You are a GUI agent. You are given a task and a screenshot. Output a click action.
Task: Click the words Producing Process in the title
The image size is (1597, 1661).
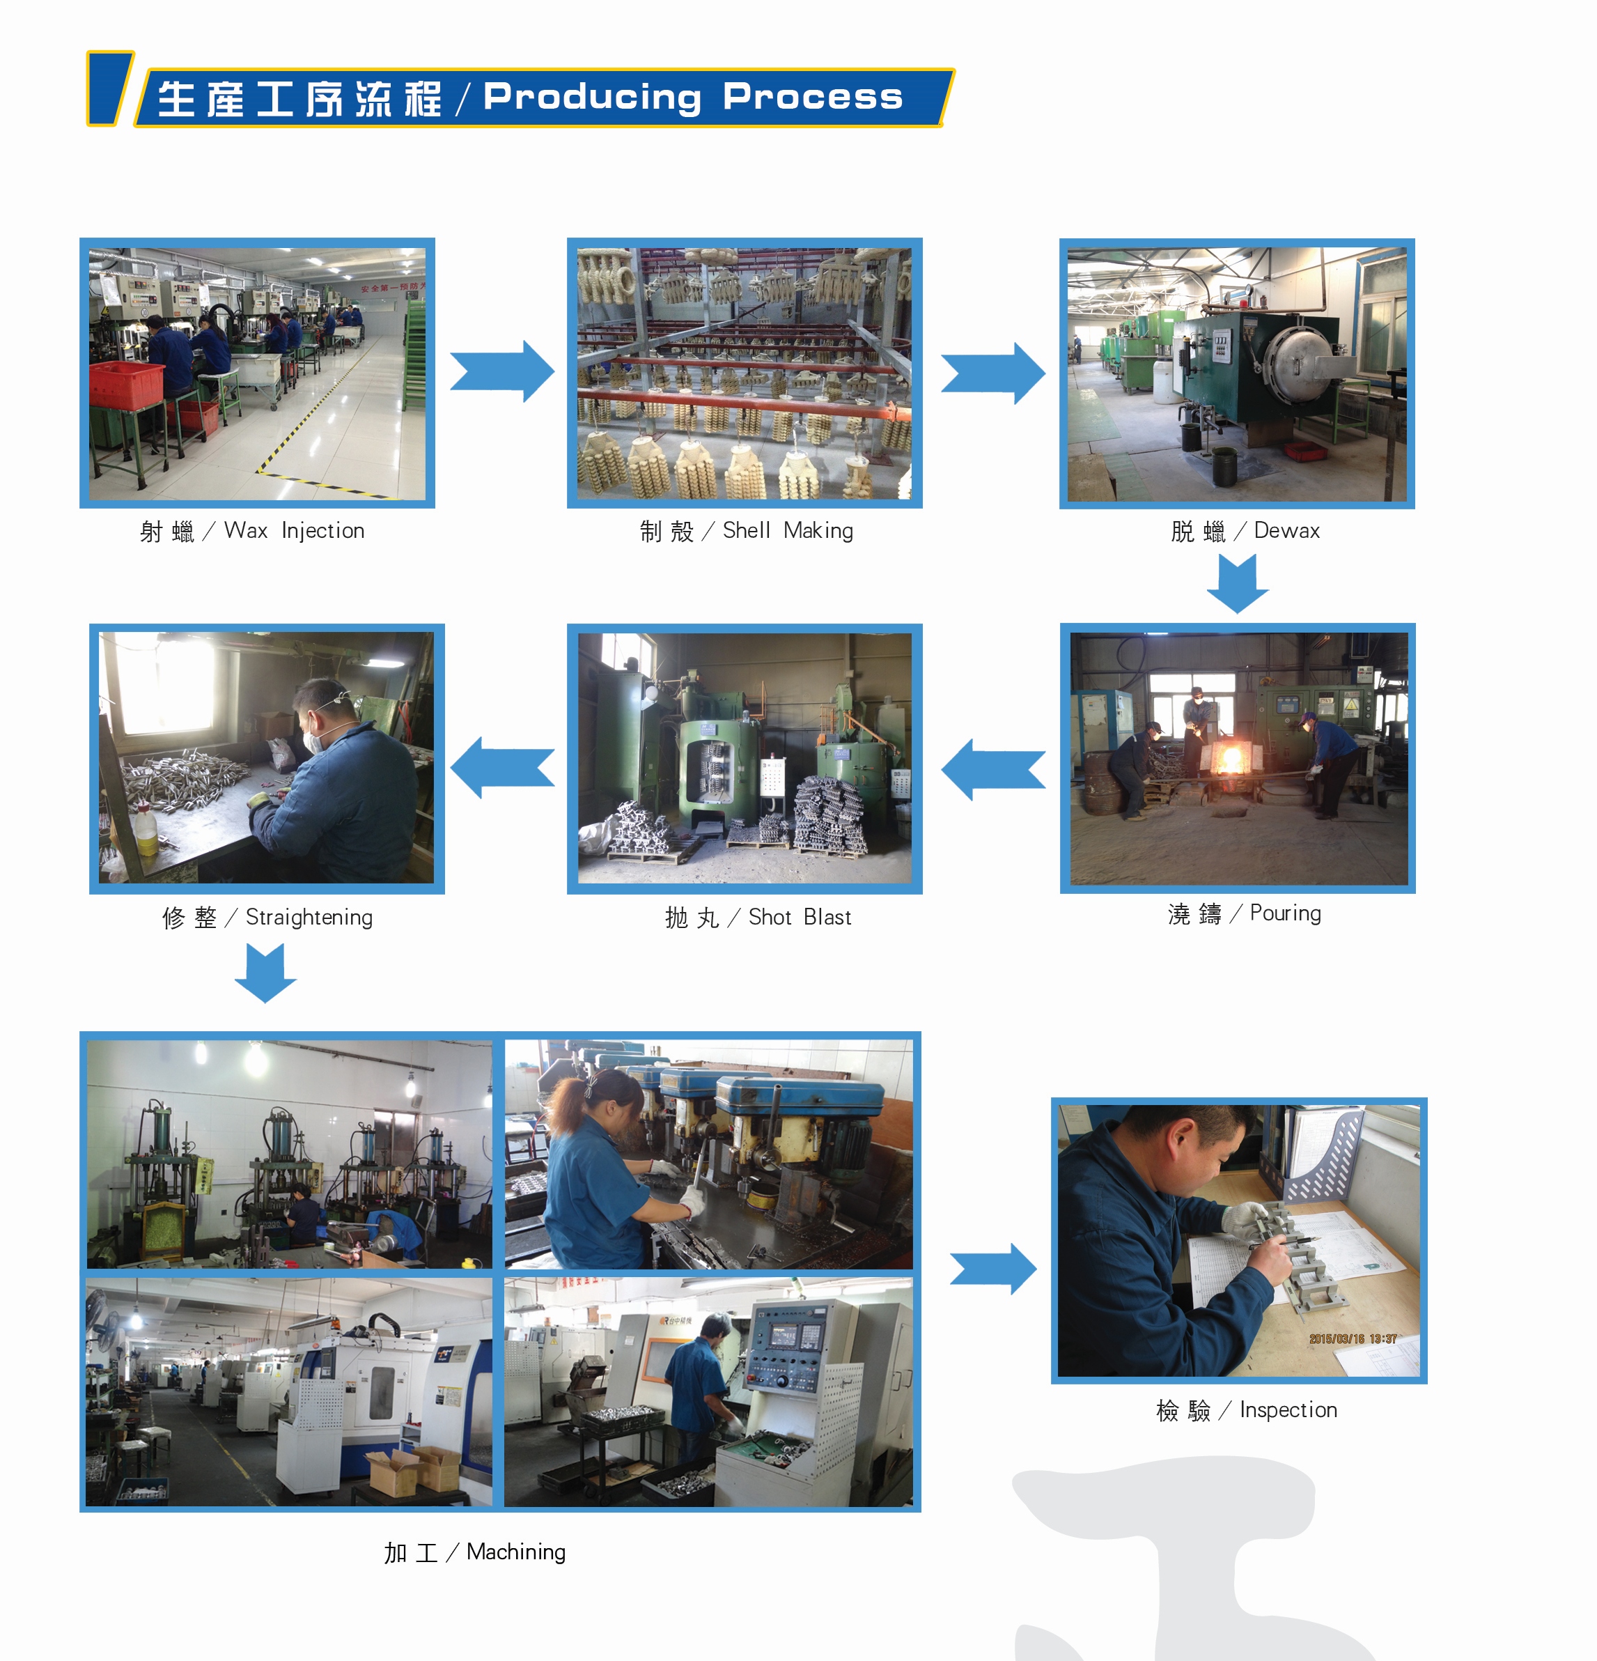pyautogui.click(x=693, y=98)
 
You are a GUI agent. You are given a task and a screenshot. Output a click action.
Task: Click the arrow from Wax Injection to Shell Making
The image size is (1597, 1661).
pyautogui.click(x=501, y=371)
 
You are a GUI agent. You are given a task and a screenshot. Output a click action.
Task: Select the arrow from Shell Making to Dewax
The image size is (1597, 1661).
pyautogui.click(x=993, y=373)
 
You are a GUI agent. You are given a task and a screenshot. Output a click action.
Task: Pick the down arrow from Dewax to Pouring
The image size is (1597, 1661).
pyautogui.click(x=1237, y=584)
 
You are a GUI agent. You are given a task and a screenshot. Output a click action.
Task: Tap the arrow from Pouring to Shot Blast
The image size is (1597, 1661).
pyautogui.click(x=993, y=769)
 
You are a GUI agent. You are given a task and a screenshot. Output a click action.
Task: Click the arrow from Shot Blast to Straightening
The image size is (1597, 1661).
pyautogui.click(x=501, y=768)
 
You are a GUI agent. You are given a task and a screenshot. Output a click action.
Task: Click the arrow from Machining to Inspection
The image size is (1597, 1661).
pyautogui.click(x=993, y=1269)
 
